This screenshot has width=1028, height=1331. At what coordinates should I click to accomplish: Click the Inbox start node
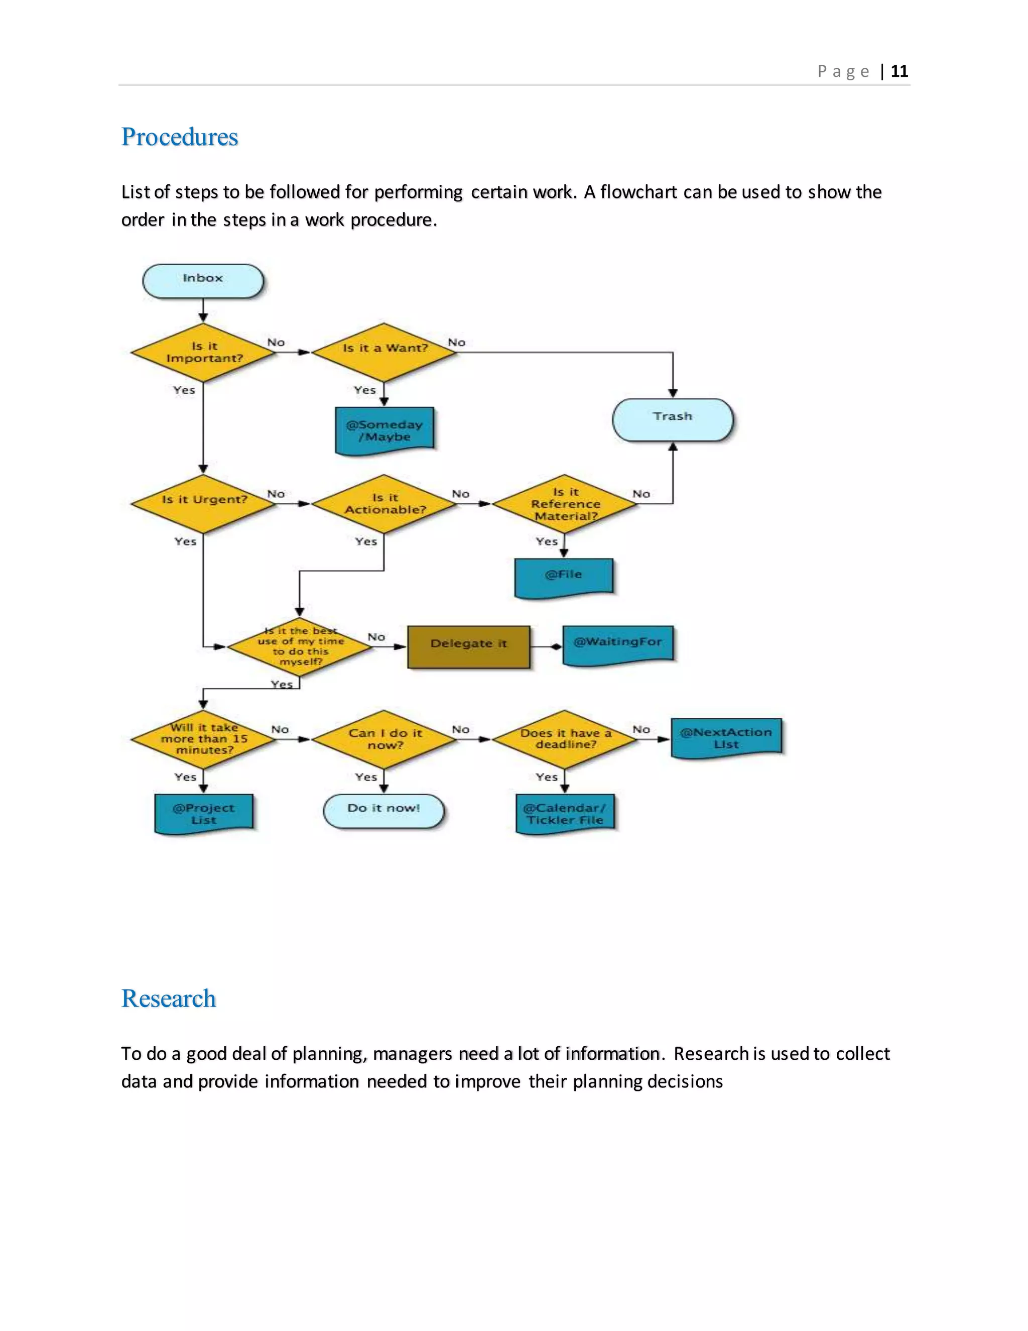203,281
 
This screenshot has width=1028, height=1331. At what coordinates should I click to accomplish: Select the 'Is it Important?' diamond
203,352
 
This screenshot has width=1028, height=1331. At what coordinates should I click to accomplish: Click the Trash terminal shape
672,419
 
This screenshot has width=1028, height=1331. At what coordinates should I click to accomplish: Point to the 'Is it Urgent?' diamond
203,503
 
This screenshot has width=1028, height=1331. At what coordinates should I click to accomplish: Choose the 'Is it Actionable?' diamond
384,503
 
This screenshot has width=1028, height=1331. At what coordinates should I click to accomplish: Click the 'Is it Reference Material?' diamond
565,503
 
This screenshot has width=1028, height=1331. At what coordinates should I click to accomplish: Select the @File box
564,576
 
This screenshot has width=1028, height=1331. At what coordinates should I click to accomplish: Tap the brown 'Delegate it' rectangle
468,646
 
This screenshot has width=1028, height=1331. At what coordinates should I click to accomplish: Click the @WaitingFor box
618,644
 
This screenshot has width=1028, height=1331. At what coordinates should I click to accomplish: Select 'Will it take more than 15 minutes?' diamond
203,739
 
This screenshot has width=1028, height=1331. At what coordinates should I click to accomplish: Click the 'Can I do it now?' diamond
384,739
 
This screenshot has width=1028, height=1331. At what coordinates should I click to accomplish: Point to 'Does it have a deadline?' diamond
565,739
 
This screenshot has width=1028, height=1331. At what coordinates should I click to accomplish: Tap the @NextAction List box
726,738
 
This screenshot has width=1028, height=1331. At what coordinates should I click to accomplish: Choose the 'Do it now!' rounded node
383,811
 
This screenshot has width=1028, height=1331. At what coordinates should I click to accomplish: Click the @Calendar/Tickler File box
565,813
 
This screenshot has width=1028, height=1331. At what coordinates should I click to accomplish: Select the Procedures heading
180,137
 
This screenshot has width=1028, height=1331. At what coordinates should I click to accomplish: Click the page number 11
899,71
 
